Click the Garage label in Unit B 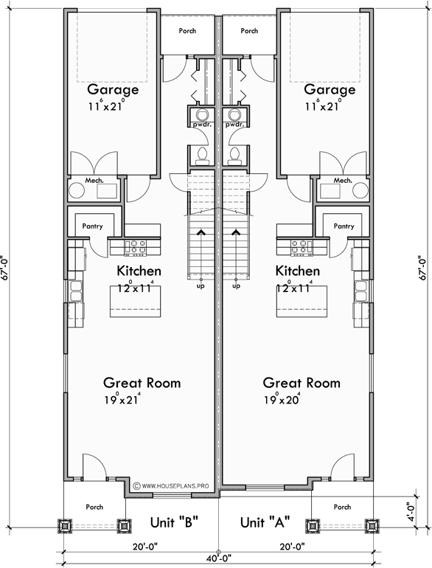tap(113, 90)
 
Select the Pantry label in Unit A tap(344, 227)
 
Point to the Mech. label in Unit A tap(343, 180)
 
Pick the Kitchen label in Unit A tap(297, 271)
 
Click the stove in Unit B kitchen tap(136, 243)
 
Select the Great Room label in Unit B tap(142, 383)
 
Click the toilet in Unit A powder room tap(235, 155)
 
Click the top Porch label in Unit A tap(249, 31)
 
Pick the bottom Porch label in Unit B tap(94, 508)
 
